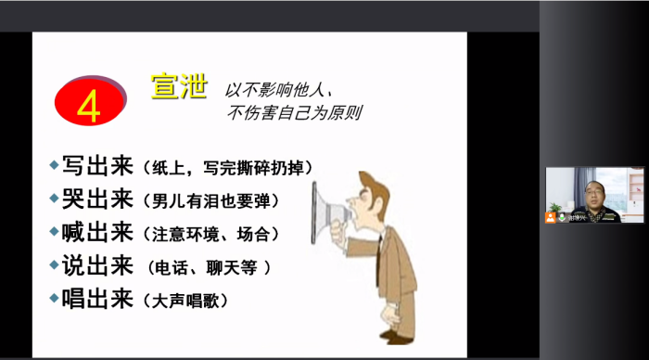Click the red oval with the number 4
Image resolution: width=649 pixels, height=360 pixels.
point(90,102)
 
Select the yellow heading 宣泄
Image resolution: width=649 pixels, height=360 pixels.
point(176,85)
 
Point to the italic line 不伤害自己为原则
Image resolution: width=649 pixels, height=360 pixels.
point(295,116)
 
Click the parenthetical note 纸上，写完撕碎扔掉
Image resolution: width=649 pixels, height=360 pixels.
point(226,169)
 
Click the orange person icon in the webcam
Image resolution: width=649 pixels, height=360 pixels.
point(551,216)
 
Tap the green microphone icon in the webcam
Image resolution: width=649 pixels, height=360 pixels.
point(562,217)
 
